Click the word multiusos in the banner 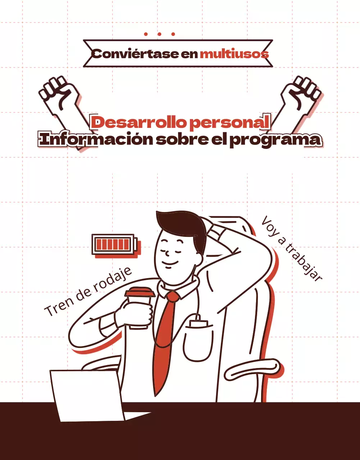(234, 54)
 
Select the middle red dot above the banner (159, 34)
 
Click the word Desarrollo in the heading (138, 123)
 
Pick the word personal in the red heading (229, 123)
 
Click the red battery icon (114, 244)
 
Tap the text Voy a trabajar (291, 248)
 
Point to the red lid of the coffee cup (140, 292)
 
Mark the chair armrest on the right (252, 370)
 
